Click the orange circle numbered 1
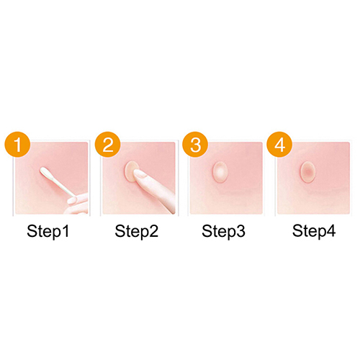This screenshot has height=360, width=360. (x=17, y=144)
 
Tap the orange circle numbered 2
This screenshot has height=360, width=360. (x=107, y=144)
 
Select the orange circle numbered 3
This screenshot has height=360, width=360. (x=195, y=144)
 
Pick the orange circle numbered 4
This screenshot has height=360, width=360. (x=280, y=144)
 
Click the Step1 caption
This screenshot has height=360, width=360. (x=48, y=232)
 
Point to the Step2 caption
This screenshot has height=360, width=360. (x=137, y=232)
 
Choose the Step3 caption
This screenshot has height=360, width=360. (x=223, y=232)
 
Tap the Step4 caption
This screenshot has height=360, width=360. (x=314, y=232)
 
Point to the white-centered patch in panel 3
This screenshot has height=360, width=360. (x=220, y=172)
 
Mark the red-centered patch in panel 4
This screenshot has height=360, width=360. (x=307, y=172)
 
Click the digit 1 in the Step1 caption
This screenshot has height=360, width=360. (x=66, y=230)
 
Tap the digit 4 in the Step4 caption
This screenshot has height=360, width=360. (x=331, y=230)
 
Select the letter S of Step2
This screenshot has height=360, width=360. (x=120, y=230)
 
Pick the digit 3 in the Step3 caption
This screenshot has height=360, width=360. (x=240, y=230)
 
